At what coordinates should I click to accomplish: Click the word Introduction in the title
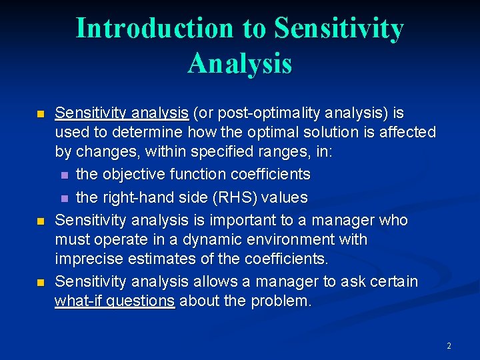[154, 29]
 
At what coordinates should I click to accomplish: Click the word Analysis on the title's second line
[239, 63]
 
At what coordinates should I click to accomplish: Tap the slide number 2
[449, 345]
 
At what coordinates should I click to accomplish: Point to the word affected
[407, 132]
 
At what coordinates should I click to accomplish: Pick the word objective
[133, 175]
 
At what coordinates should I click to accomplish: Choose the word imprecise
[85, 259]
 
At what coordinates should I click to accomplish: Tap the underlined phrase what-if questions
[115, 301]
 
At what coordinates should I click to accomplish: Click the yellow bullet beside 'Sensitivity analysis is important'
[40, 221]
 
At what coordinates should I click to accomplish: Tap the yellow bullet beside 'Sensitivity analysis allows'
[40, 283]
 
